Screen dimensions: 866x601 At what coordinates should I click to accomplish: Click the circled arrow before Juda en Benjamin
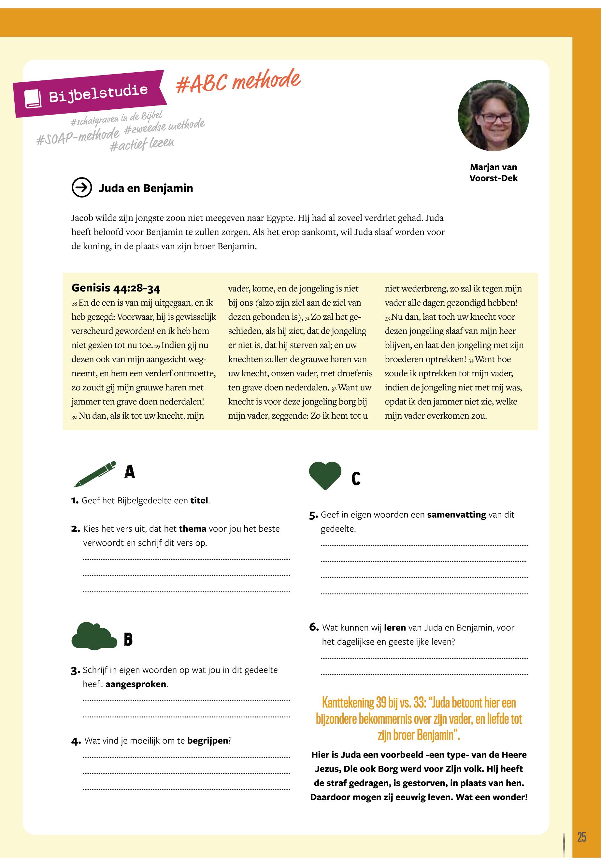coord(82,187)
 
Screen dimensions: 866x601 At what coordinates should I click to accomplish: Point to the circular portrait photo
coord(493,116)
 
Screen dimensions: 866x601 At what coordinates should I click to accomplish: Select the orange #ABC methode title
coord(238,81)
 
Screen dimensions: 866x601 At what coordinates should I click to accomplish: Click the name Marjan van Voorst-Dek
coord(493,172)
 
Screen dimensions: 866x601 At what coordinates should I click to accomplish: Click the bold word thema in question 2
coord(193,529)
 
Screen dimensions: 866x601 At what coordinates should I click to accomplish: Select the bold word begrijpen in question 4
coord(207,741)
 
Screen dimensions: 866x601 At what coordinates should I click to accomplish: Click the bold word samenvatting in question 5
coord(456,514)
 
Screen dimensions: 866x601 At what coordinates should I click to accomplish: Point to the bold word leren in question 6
coord(395,627)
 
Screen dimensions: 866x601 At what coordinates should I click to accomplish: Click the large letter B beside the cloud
coord(128,639)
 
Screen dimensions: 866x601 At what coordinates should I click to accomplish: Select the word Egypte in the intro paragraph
coord(280,218)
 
